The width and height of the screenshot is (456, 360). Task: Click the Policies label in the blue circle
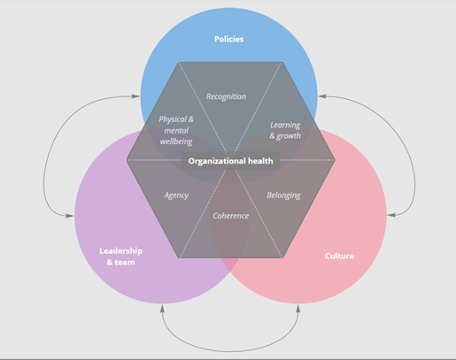(228, 39)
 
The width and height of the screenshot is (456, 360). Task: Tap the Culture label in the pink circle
(339, 256)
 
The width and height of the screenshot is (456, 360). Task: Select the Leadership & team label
(120, 257)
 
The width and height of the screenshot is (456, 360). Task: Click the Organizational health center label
(230, 161)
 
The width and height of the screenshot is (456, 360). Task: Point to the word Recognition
(226, 96)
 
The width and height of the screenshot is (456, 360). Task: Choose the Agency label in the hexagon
(176, 195)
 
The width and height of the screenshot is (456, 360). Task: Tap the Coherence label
(231, 216)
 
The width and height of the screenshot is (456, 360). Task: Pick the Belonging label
(283, 195)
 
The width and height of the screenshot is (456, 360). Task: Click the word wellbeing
(176, 142)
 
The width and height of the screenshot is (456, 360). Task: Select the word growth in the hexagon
(289, 136)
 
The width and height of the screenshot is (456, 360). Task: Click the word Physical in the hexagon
(173, 119)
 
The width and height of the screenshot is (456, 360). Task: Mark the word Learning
(285, 126)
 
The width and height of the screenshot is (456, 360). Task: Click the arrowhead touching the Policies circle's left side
(136, 96)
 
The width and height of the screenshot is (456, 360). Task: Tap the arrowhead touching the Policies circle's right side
(322, 96)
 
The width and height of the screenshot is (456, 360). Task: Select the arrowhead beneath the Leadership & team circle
(162, 309)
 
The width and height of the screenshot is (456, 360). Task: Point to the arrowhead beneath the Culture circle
(298, 309)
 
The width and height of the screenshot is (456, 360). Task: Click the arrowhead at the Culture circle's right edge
(391, 215)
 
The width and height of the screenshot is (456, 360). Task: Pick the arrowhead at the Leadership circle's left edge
(70, 216)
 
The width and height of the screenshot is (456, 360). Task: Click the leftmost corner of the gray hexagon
(127, 160)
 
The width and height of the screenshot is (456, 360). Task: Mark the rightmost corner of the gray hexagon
(336, 160)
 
